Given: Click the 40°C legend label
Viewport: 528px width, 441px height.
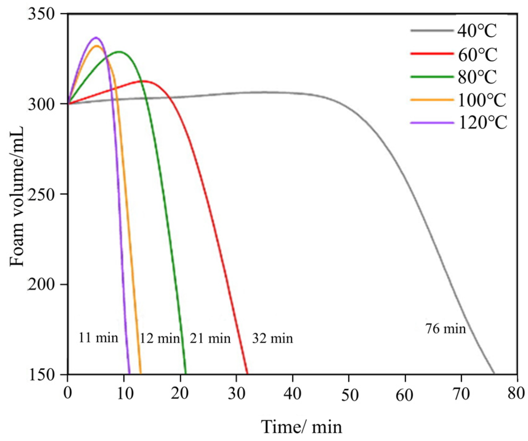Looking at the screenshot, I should click(x=477, y=31).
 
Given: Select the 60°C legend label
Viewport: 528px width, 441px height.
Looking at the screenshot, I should click(x=477, y=54).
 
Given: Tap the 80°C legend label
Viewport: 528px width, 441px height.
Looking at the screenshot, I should click(x=477, y=77).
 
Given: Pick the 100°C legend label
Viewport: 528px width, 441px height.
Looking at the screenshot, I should click(x=482, y=100).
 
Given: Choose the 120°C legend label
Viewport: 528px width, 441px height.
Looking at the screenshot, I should click(x=482, y=123).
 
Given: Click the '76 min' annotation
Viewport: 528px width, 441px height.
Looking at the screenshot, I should click(x=446, y=329).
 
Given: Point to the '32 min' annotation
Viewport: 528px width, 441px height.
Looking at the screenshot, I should click(x=272, y=338).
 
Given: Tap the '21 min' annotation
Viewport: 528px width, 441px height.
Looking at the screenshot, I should click(x=210, y=338).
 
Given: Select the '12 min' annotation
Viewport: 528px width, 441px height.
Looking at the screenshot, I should click(x=160, y=338).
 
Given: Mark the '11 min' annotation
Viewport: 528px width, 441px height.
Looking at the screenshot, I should click(x=98, y=338).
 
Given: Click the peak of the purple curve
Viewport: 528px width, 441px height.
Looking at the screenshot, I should click(x=96, y=37).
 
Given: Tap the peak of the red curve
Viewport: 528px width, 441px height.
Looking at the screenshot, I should click(x=145, y=81).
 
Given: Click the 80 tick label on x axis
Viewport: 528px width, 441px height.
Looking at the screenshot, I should click(x=516, y=393).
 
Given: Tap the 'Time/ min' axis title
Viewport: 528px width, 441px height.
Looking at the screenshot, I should click(x=302, y=427).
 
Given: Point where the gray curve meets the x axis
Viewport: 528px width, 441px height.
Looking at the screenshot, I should click(x=494, y=374).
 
